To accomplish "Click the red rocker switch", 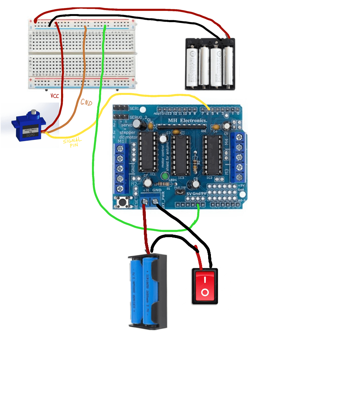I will (x=205, y=286).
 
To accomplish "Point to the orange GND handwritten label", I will (x=86, y=103).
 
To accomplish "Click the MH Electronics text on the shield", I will (x=187, y=120).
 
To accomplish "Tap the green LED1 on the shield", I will (x=165, y=176).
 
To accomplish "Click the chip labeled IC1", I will (x=148, y=152).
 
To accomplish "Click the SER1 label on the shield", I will (x=134, y=109).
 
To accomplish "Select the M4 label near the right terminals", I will (x=226, y=141).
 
